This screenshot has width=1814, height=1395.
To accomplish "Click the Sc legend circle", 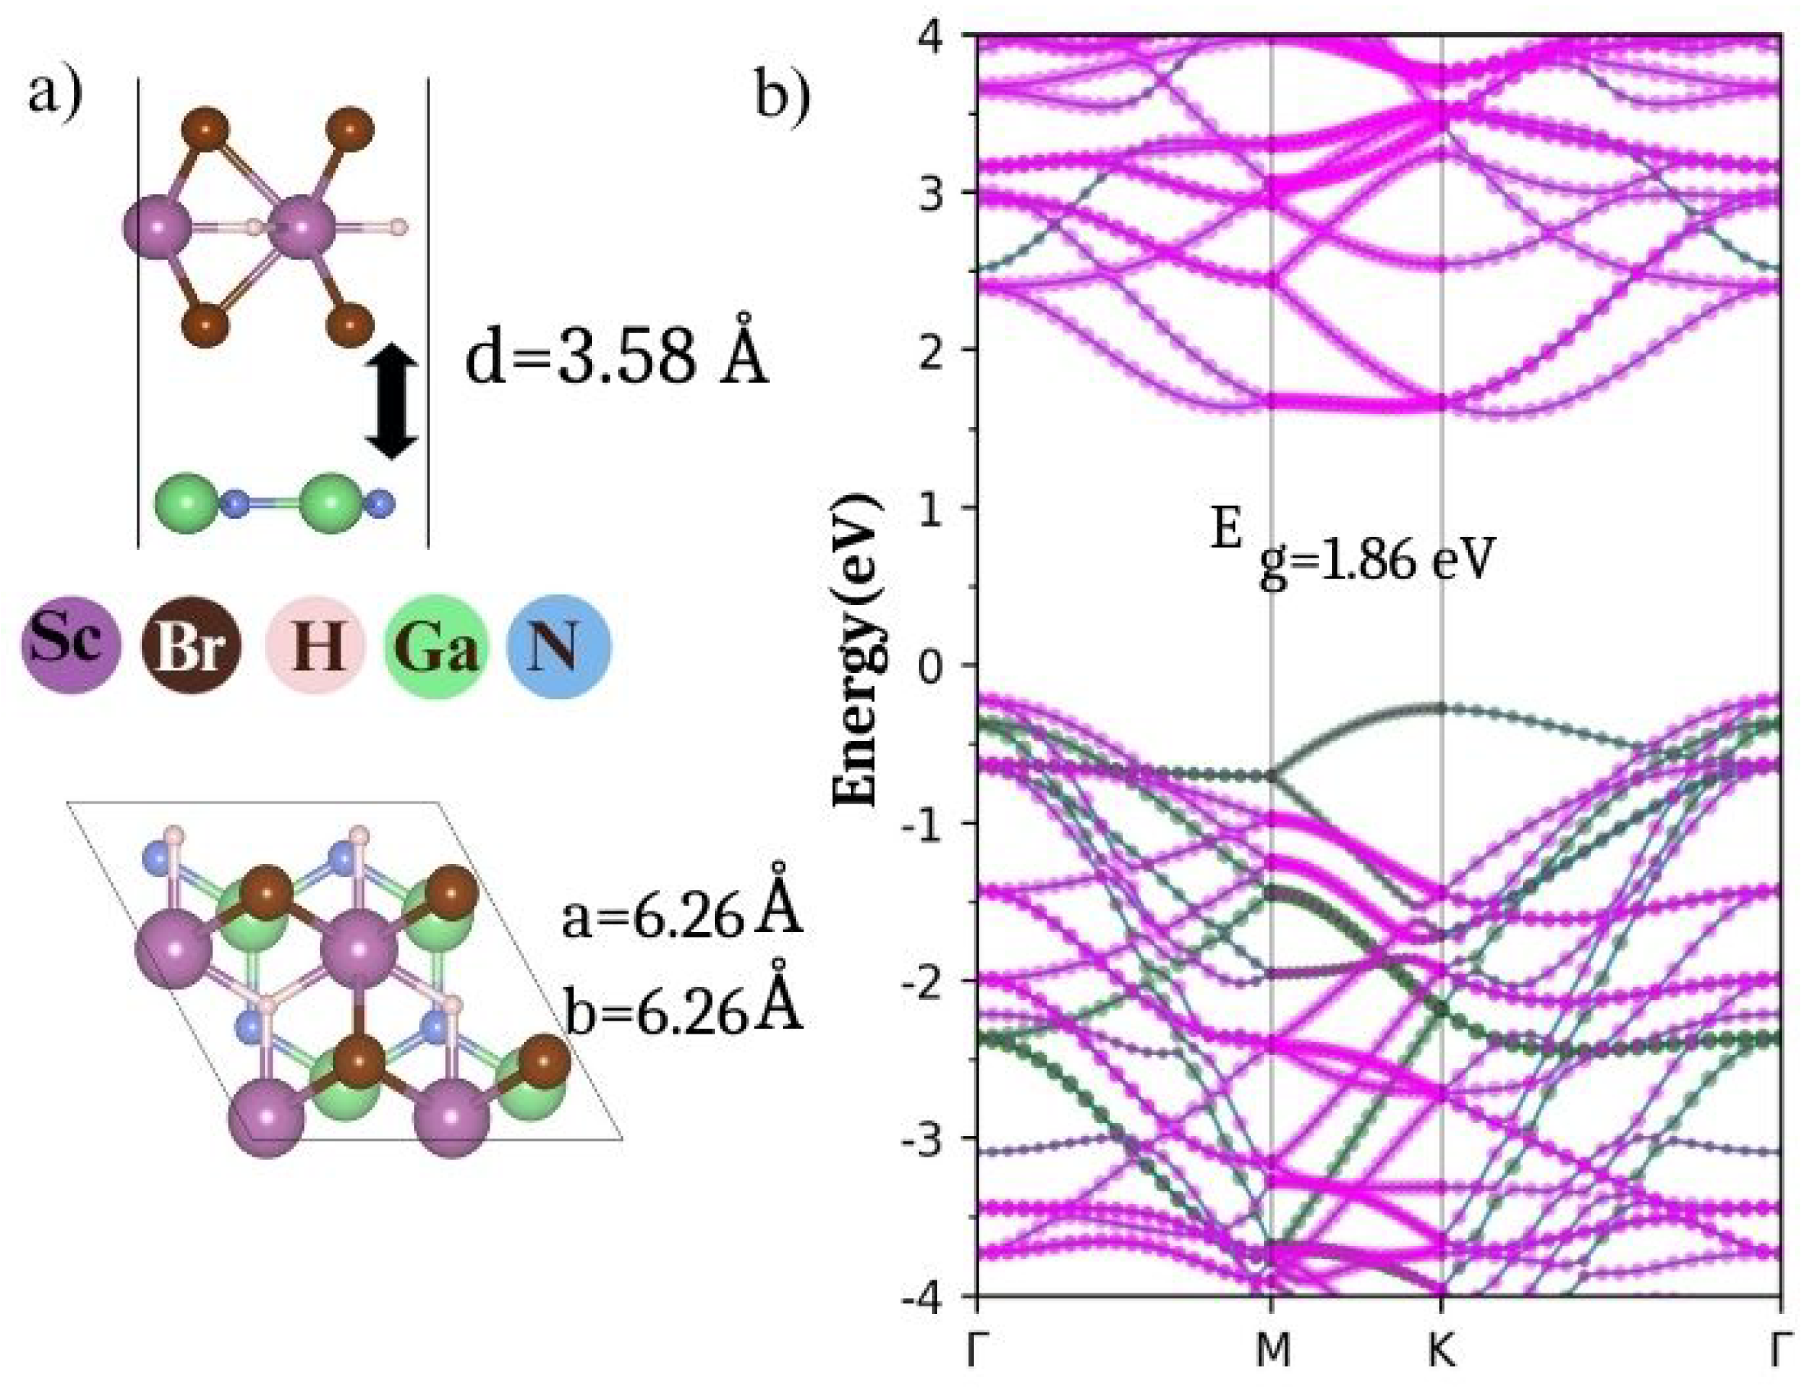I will (x=70, y=646).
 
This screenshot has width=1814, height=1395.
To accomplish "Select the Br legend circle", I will (x=192, y=646).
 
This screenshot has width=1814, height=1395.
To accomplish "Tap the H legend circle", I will (x=316, y=646).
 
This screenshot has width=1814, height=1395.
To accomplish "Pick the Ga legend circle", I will (x=436, y=646).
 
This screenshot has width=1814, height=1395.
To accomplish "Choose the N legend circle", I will (x=558, y=646).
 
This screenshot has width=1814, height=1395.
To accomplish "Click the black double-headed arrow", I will (x=392, y=402).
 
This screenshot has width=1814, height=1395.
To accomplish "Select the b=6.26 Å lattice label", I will (x=682, y=1010).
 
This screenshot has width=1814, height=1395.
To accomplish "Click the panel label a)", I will (x=56, y=93).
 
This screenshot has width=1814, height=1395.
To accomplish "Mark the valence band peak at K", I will (x=1441, y=707).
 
